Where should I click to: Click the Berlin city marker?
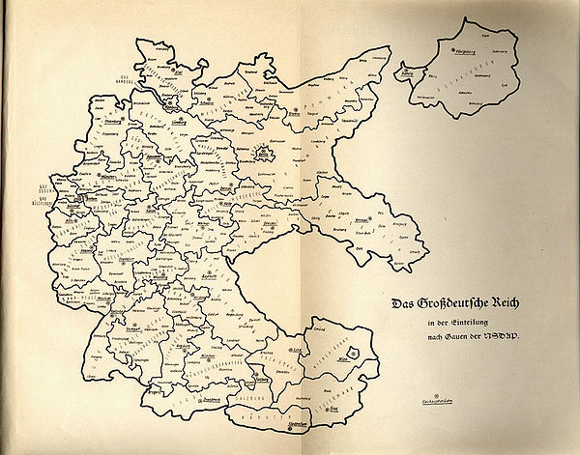click(261, 153)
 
